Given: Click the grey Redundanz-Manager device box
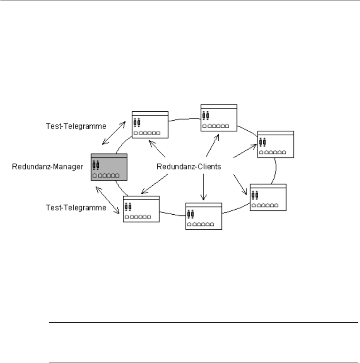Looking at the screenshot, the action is tap(109, 167).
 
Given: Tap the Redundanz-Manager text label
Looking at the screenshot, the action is tap(48, 167).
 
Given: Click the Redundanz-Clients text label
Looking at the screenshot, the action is tap(189, 167).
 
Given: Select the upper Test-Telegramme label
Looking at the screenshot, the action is tap(76, 126).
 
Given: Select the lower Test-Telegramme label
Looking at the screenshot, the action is tap(76, 208).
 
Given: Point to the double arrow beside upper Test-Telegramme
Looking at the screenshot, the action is tap(114, 133).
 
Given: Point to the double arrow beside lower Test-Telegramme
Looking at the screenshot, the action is tap(108, 200).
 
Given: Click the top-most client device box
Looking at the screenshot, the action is tap(219, 118).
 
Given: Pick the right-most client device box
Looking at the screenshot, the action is tap(275, 144).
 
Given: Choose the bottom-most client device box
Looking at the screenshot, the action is tap(204, 216).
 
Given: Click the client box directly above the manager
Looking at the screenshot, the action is tap(150, 125).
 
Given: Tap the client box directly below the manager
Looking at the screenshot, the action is tap(141, 209).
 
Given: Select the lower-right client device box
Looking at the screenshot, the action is tap(268, 197).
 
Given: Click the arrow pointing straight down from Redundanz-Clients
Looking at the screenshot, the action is tap(204, 187).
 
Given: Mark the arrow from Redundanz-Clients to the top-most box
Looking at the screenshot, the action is tap(212, 145).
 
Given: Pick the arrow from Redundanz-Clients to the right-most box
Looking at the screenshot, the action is tap(245, 151).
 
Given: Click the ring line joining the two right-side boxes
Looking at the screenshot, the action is tap(275, 171).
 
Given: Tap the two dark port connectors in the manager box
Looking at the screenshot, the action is tap(96, 165).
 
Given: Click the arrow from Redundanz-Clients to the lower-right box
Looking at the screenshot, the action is tap(240, 184).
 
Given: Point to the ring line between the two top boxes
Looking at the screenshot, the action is tap(185, 119).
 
